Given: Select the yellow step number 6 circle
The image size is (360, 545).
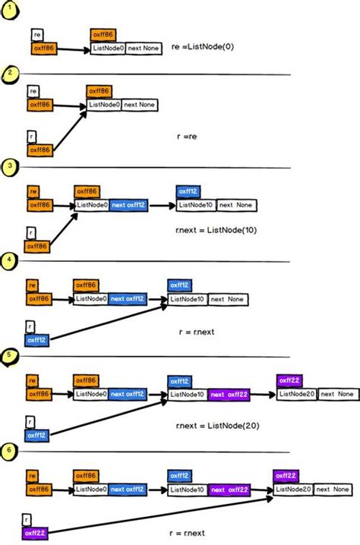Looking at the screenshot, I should tap(7, 449).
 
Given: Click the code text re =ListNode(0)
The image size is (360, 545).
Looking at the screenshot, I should tap(208, 46).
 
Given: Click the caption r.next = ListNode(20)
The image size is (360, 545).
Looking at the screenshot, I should tap(216, 426).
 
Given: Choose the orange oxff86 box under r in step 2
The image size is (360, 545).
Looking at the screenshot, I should tap(40, 150).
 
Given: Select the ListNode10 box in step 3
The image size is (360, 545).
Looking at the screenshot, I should tap(195, 205).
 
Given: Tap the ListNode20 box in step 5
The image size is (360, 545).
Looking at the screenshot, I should tap(295, 394).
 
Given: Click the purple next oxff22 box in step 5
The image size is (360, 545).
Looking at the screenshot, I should tap(228, 394).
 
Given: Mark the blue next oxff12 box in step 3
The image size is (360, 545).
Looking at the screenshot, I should tap(128, 205).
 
